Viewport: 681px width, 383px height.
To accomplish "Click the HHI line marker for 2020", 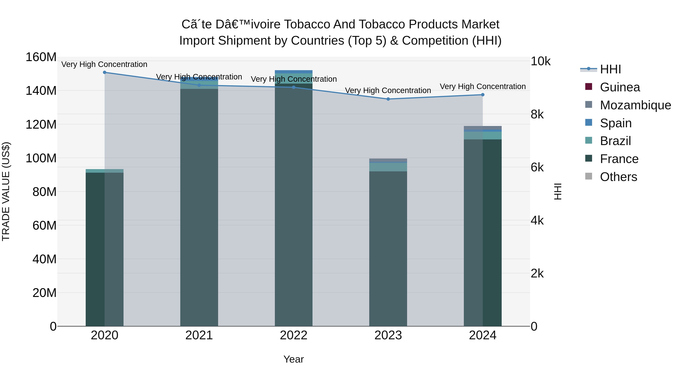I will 104,72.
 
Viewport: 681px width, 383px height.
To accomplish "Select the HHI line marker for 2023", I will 388,99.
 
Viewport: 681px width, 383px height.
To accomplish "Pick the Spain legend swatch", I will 589,123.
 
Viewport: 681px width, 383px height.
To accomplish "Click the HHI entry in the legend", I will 610,69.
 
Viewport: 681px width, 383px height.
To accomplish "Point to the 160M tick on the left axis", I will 41,57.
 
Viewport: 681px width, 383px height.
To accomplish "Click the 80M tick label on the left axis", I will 44,192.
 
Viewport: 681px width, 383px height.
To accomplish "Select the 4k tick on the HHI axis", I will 537,221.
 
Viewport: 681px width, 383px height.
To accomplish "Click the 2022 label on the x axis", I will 293,335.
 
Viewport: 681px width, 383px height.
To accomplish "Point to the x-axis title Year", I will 293,359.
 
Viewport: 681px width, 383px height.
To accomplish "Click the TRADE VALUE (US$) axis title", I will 6,191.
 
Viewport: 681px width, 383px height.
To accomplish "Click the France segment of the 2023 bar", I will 388,249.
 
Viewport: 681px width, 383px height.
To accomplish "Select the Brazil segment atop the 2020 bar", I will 104,171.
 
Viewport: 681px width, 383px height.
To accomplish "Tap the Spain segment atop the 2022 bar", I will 293,72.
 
